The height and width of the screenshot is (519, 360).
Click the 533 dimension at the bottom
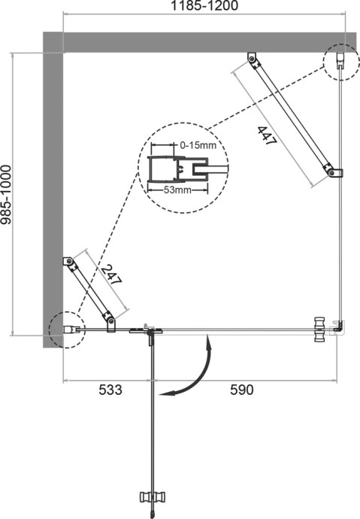click(x=107, y=390)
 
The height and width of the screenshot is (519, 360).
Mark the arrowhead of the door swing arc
click(x=167, y=392)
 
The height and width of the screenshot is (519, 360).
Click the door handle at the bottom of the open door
click(x=153, y=497)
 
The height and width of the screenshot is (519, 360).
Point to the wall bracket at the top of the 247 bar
click(x=68, y=262)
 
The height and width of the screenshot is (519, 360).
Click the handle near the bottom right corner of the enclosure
click(x=322, y=328)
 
